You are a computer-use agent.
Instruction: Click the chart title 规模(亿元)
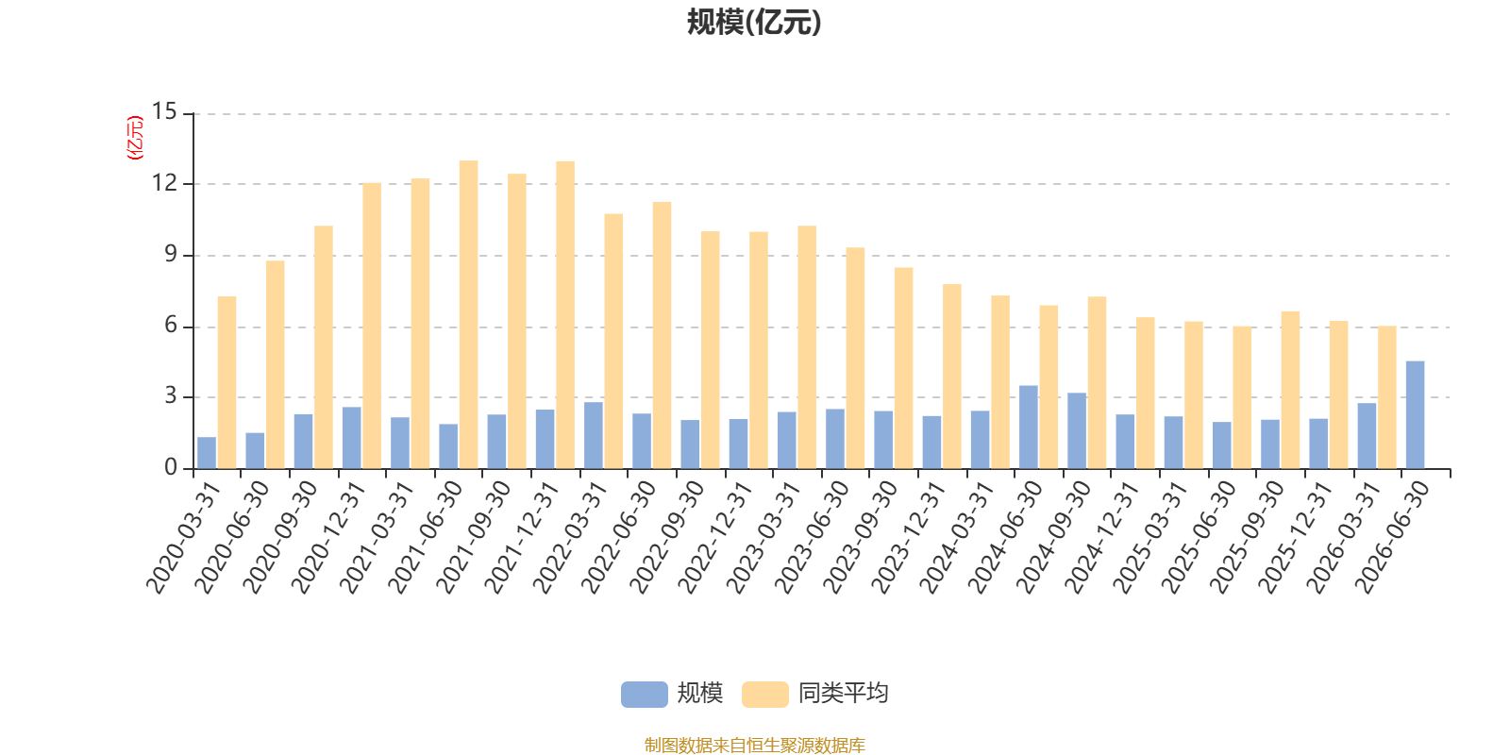coord(754,23)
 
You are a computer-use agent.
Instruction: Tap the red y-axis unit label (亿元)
coord(136,138)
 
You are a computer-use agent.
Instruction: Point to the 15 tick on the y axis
coord(164,112)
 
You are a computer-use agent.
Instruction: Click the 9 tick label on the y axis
coord(171,255)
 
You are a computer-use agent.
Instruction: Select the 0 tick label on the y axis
coord(171,467)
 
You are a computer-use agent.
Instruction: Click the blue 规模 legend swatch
coord(645,694)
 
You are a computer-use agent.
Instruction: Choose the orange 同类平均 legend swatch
coord(765,694)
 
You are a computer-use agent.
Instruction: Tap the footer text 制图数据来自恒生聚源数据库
coord(754,745)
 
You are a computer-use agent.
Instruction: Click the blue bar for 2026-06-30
coord(1415,414)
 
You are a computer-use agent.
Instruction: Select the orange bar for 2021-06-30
coord(468,315)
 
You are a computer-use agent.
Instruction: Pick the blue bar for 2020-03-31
coord(207,453)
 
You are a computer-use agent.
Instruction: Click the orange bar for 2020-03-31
coord(227,383)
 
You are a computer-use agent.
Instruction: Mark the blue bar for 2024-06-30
coord(1029,428)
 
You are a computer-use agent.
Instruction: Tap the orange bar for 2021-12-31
coord(565,315)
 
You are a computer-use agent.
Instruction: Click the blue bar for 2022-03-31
coord(594,435)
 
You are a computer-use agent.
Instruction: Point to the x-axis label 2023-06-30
coord(812,537)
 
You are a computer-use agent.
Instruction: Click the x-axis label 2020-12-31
coord(328,537)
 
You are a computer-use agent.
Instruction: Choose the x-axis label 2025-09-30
coord(1247,537)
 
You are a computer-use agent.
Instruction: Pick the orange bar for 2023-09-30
coord(904,368)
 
